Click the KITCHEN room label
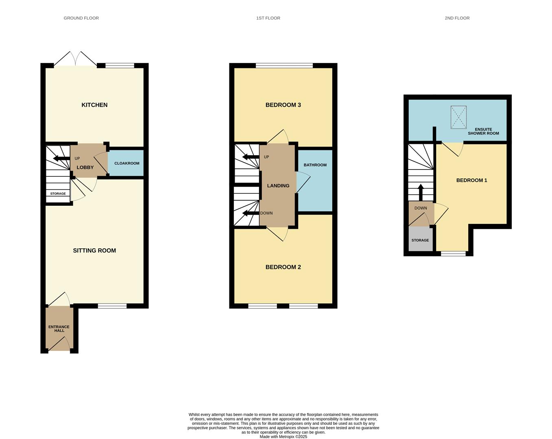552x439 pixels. [x=94, y=105]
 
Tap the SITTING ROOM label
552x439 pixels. [x=94, y=250]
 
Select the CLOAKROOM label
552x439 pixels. [x=127, y=163]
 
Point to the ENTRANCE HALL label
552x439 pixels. [x=59, y=328]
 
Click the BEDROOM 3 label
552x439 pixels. [x=283, y=105]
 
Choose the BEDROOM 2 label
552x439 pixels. [x=283, y=267]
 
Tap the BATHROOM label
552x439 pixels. [x=315, y=165]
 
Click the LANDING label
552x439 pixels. [x=278, y=185]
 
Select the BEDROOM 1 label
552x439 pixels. [x=471, y=180]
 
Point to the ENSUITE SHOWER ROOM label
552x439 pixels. [x=483, y=131]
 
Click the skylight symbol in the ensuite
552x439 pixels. [x=458, y=117]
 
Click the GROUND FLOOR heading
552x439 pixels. [x=81, y=18]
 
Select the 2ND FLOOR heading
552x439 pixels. [x=457, y=18]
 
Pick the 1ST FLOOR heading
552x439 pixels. [x=268, y=18]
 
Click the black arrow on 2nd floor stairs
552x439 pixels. [x=421, y=192]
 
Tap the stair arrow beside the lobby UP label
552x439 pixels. [x=61, y=159]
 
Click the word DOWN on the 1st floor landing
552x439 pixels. [x=266, y=213]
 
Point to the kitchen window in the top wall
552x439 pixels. [x=120, y=65]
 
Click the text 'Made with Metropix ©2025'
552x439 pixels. [x=283, y=437]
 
